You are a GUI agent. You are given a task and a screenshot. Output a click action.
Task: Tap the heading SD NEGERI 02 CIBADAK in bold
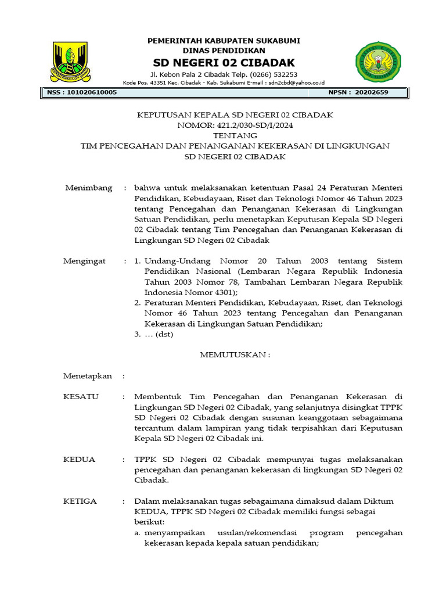(224, 62)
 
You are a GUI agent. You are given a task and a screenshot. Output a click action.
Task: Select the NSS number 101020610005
(89, 92)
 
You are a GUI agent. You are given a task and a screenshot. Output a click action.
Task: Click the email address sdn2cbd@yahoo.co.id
(296, 83)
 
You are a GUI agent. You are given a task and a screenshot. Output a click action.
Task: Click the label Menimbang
(88, 188)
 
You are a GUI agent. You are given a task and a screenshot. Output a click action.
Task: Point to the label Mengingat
(85, 261)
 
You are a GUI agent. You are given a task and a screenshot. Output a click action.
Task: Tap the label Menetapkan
(88, 376)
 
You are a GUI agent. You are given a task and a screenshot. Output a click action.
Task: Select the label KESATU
(81, 397)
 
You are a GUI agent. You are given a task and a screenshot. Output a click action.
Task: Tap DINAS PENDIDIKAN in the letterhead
(224, 51)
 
